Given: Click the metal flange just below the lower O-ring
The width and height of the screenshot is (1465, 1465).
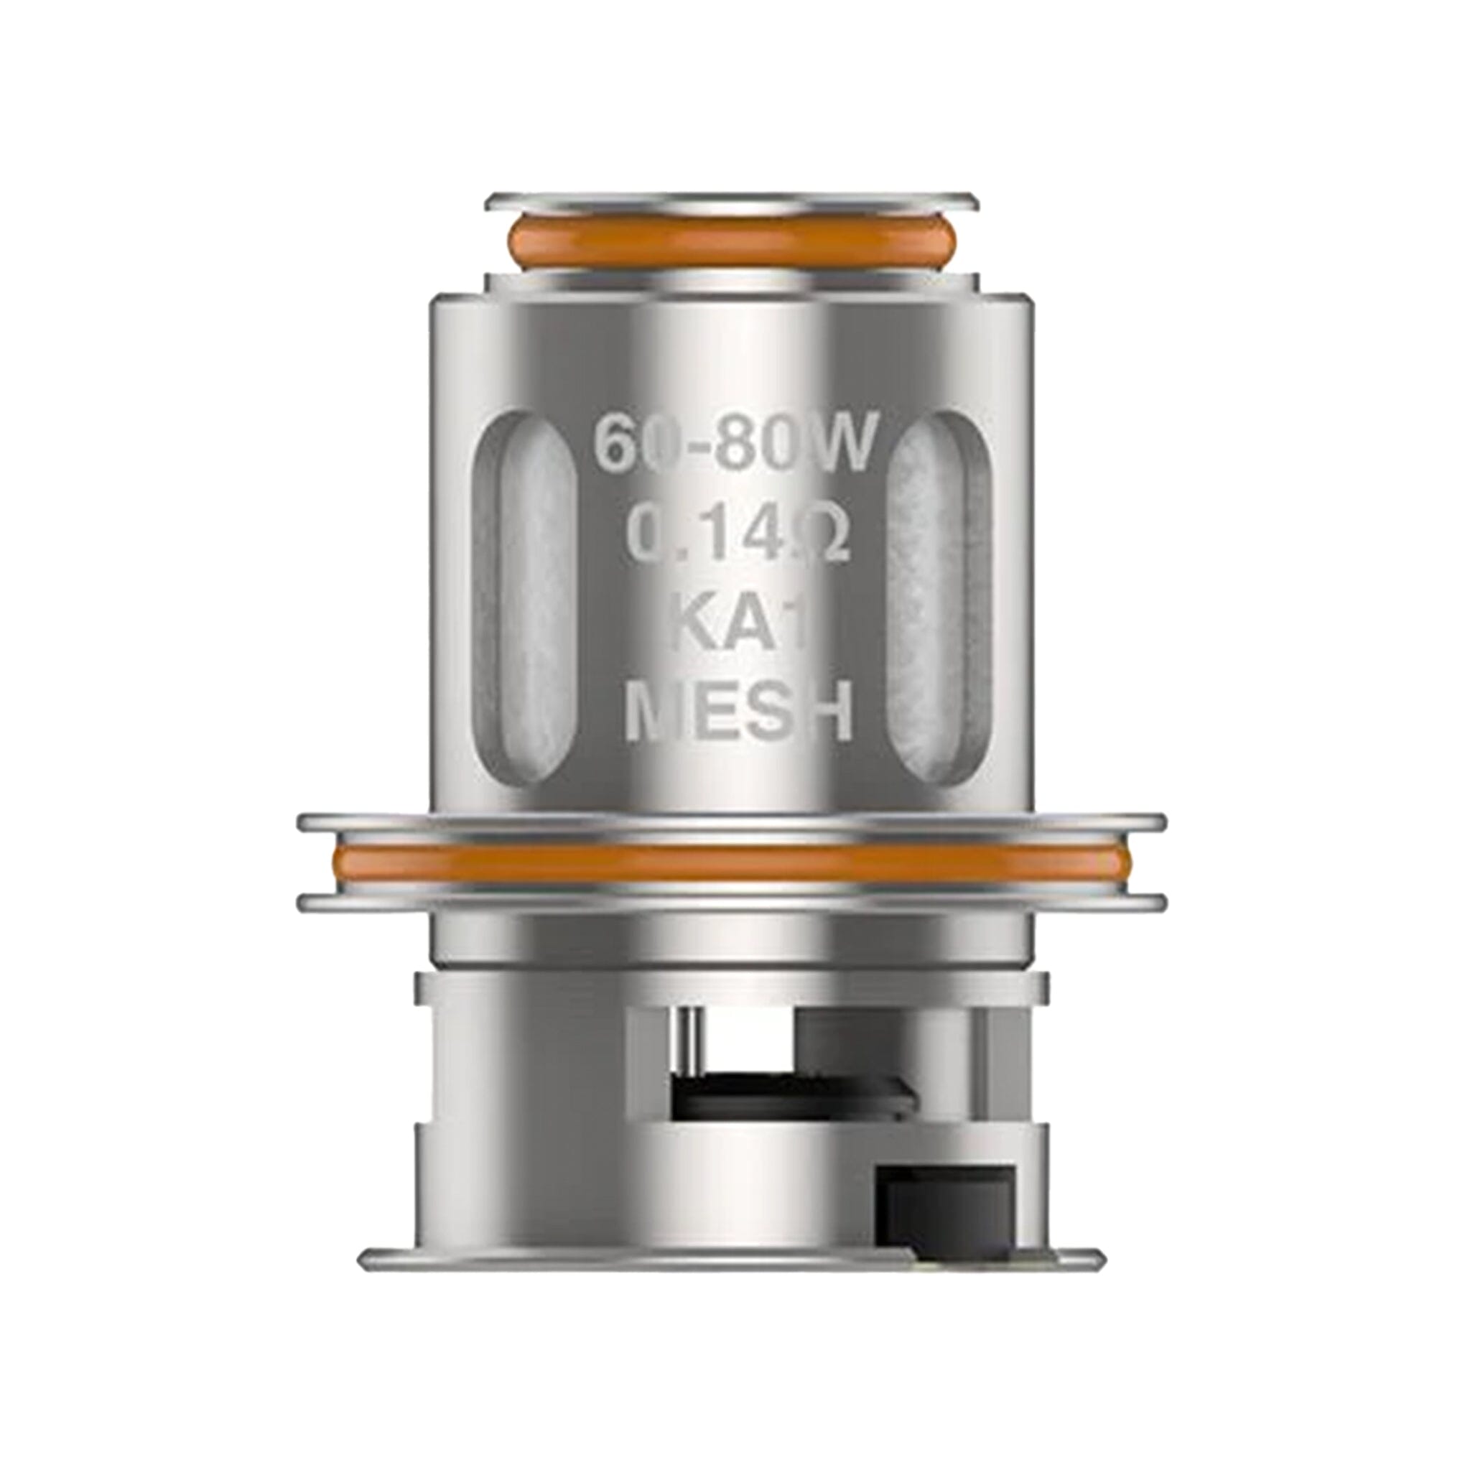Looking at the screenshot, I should click(731, 903).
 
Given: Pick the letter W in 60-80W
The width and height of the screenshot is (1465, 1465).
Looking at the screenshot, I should click(842, 447).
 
